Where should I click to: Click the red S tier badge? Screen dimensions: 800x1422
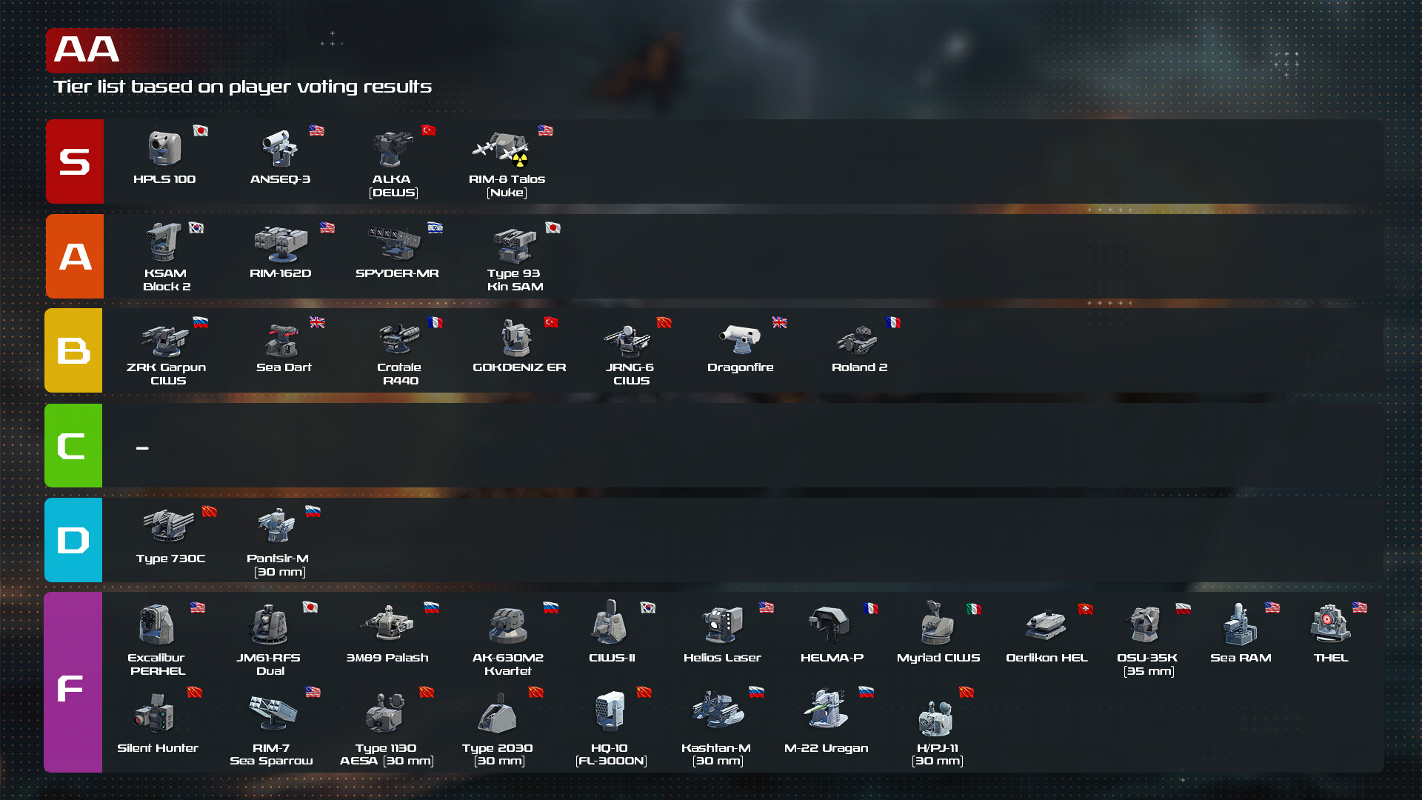75,161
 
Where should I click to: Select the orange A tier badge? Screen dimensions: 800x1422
75,256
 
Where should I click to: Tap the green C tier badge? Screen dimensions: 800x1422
73,445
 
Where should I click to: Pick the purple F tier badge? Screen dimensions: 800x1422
73,682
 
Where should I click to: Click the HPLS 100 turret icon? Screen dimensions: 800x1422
164,148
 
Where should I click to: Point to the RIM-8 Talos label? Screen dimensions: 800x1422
507,185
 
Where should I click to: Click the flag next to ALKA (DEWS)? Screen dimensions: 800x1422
428,130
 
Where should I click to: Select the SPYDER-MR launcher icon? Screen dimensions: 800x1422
395,243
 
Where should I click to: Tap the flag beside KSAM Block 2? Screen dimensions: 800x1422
196,228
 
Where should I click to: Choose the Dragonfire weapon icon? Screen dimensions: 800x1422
740,339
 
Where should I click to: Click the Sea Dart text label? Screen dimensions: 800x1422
284,367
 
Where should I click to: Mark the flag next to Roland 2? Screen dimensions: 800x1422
893,322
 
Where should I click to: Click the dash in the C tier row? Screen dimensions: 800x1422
142,447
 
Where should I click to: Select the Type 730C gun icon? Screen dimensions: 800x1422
169,525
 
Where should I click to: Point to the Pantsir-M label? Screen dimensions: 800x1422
278,564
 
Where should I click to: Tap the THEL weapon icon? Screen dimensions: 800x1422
1330,623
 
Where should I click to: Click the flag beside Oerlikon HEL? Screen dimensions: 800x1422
1086,609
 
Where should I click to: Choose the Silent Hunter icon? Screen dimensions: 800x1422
155,713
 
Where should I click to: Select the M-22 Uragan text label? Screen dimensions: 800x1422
826,748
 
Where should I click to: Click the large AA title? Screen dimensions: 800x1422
87,50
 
